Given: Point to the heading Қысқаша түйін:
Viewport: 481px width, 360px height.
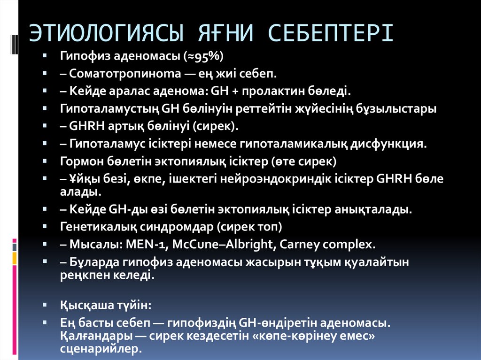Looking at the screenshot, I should pyautogui.click(x=106, y=305).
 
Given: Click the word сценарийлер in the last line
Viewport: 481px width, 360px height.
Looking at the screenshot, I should pyautogui.click(x=100, y=349).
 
